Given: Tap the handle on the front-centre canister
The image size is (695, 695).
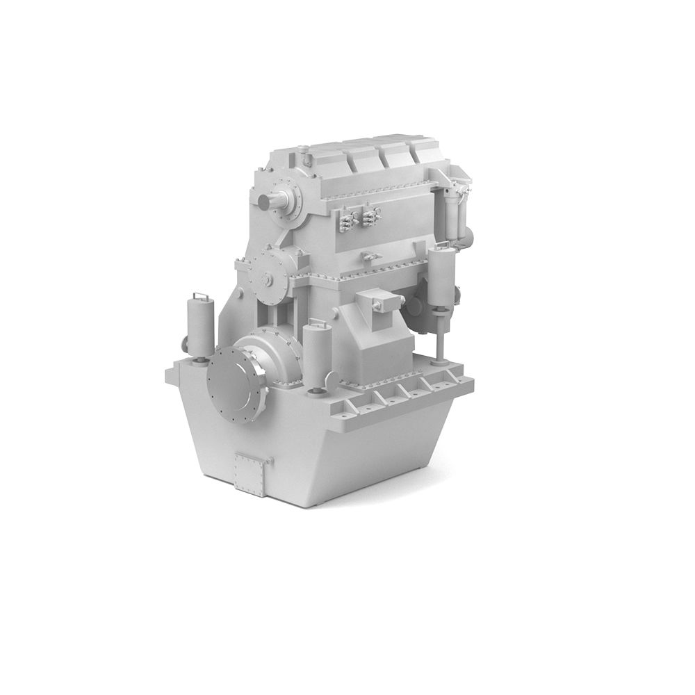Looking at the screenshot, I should pyautogui.click(x=316, y=322).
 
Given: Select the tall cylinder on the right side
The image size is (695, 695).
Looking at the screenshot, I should pyautogui.click(x=442, y=278).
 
